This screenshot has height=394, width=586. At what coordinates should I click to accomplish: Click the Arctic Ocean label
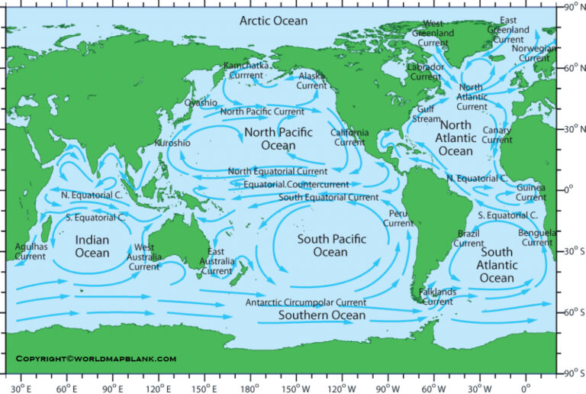coord(273,21)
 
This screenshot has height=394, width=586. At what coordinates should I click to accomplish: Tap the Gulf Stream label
coord(427,114)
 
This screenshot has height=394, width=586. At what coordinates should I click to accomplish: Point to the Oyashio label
coord(200,102)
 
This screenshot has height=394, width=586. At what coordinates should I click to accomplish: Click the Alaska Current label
coord(311,80)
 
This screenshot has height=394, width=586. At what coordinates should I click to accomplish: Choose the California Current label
coord(349,137)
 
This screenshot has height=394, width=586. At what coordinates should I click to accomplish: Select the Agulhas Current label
coord(31,251)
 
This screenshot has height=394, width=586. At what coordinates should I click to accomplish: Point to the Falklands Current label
coord(438,296)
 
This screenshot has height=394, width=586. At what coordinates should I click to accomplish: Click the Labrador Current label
coord(425,71)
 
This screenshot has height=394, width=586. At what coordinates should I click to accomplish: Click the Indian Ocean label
coord(92,246)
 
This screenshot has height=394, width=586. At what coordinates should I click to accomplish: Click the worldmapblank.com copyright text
coord(95,358)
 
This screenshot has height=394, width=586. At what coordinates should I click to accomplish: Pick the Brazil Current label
coord(468,238)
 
